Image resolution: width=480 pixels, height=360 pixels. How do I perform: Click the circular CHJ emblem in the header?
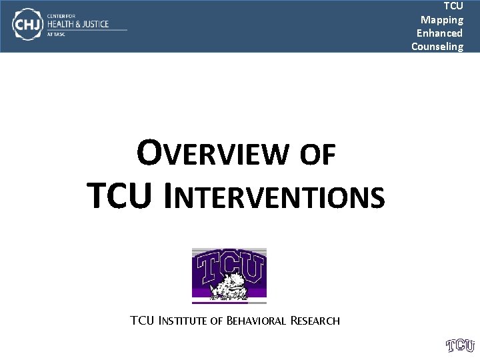coord(27,25)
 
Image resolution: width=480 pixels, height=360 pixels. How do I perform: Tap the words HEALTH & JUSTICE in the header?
coord(77,24)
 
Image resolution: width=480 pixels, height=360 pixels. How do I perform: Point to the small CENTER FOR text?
coord(61,14)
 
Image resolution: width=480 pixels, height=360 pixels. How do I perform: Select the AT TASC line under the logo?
coord(56,35)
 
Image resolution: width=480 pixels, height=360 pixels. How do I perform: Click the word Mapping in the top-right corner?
coord(442,19)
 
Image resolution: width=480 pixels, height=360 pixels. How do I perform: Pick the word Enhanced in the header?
coord(439,33)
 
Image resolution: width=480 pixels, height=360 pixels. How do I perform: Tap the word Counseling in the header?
coord(437,46)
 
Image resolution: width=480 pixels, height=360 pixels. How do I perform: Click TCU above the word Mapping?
coord(453,6)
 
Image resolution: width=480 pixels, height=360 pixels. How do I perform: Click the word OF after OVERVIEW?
coord(318,155)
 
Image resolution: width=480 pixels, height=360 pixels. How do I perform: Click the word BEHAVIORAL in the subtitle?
coord(257,321)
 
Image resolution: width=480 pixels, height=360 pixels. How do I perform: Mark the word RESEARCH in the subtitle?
coord(315,321)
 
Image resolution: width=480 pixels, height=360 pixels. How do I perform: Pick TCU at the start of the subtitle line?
coord(142,321)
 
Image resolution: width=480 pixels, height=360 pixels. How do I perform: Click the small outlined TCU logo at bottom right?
coord(460,345)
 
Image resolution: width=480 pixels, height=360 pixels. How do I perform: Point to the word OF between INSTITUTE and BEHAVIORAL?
coord(216,321)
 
